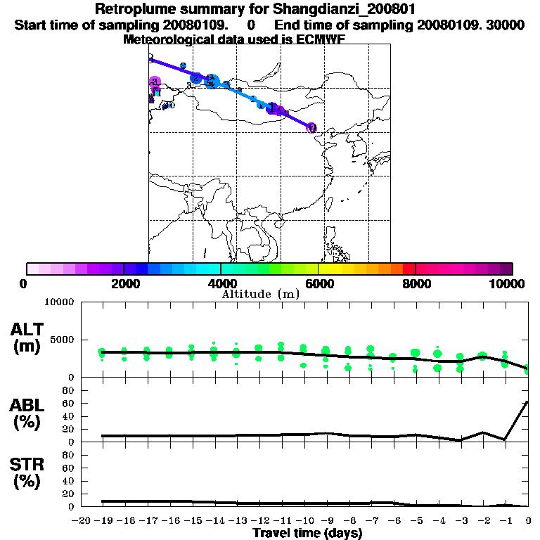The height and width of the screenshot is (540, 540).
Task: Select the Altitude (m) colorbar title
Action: (260, 294)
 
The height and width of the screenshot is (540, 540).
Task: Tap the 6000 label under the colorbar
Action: (319, 283)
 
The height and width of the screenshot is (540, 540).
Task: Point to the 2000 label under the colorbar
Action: (124, 283)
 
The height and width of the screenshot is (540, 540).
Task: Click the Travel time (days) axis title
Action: (307, 533)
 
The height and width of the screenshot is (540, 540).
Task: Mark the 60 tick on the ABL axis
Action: (70, 403)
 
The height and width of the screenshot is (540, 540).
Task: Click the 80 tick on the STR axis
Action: (70, 455)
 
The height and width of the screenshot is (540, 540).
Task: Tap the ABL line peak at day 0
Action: (527, 401)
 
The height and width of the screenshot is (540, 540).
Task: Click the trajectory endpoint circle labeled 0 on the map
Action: (311, 128)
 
